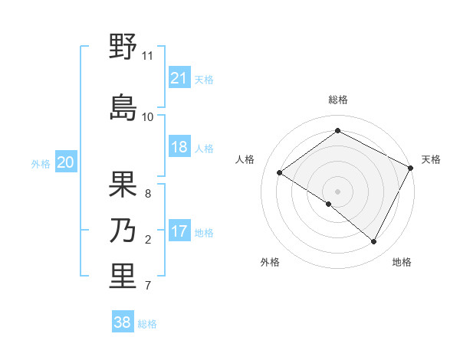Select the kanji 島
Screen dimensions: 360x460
coord(123,107)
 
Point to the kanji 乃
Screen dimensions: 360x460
coord(123,230)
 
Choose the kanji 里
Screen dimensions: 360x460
coord(123,276)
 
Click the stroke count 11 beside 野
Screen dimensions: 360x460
coord(148,56)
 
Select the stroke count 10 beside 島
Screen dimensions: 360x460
coord(148,116)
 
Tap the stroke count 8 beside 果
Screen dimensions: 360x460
coord(148,193)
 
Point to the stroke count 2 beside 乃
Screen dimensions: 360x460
coord(148,240)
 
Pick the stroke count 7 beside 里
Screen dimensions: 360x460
coord(148,286)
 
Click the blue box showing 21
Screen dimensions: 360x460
coord(179,78)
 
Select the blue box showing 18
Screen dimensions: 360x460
coord(179,147)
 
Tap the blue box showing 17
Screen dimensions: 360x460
coord(179,231)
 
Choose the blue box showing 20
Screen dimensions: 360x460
coord(66,162)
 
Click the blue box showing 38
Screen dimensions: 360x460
coord(123,322)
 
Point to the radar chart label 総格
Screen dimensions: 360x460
coord(338,100)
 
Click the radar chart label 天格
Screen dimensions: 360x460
coord(431,159)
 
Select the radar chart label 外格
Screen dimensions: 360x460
coord(270,262)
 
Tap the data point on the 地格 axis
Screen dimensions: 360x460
coord(374,242)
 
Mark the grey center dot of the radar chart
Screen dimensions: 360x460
coord(337,191)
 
